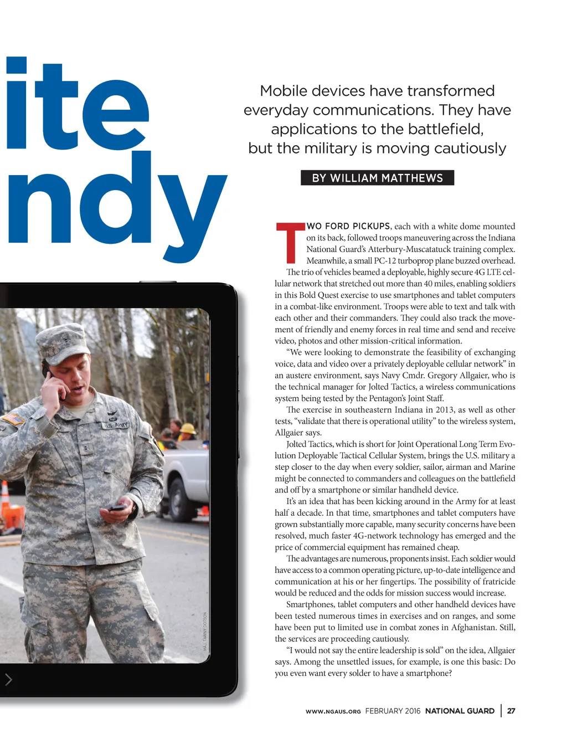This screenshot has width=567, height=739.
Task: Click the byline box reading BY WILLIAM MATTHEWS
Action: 377,178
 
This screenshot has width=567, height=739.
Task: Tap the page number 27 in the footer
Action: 511,711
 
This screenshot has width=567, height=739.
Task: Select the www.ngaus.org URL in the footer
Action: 333,711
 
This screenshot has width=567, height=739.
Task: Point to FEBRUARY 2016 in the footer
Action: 393,711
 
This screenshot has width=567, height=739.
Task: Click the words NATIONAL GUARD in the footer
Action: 460,711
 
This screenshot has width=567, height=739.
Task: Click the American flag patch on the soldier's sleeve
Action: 12,419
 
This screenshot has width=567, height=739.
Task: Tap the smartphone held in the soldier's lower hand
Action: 117,507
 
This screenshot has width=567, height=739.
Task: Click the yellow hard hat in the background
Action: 188,429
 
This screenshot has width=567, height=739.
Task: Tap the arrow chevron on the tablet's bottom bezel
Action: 8,679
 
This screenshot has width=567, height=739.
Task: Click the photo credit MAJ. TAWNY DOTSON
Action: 205,632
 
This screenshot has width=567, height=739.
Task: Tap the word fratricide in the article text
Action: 494,582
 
